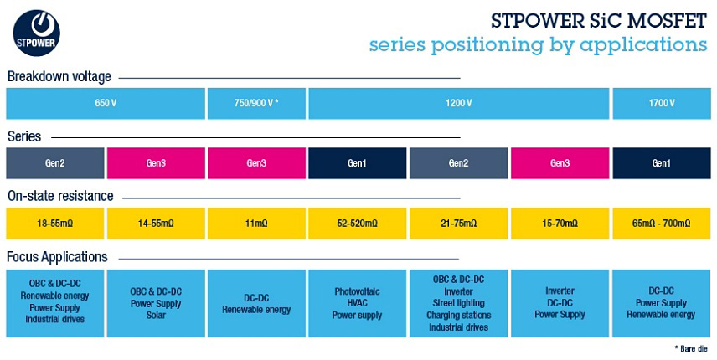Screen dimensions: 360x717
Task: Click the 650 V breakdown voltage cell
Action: [106, 103]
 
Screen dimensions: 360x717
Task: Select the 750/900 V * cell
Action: [256, 103]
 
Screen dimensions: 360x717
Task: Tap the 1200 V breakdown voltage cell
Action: [458, 103]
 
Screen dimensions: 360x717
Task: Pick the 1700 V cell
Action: [661, 103]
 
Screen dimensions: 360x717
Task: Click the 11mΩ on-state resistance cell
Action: [256, 224]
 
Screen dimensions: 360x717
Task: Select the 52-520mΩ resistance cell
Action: [357, 224]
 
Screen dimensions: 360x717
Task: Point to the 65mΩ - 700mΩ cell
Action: [661, 224]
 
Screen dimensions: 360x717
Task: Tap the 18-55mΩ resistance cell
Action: [55, 224]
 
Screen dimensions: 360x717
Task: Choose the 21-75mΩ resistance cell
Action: [458, 224]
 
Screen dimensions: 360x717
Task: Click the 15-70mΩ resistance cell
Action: [560, 224]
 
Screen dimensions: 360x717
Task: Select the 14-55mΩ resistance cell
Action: [156, 224]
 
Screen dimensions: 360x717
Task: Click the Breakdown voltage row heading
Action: [59, 77]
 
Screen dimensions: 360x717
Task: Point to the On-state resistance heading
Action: [59, 197]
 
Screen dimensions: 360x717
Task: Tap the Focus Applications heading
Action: [57, 256]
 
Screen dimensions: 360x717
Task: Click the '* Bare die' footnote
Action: [691, 347]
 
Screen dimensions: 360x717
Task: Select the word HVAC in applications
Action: [357, 303]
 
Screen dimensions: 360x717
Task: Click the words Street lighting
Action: [458, 303]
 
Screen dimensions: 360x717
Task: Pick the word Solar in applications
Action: [156, 315]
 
